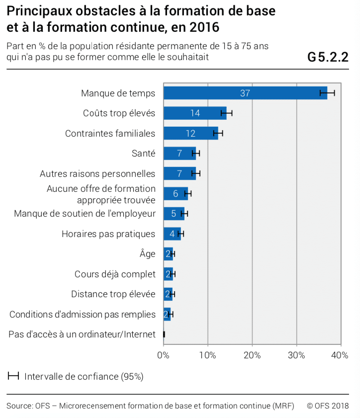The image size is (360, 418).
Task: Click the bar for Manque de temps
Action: coord(245,93)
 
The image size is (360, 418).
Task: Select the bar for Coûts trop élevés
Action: coord(195,113)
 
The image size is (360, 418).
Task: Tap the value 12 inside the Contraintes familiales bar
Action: coord(190,133)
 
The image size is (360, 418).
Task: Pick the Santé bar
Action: coord(180,153)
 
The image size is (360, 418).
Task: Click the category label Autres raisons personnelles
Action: coord(97,173)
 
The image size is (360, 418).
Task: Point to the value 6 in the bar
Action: coord(176,193)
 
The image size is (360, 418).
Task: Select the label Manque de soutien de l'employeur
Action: coord(85,214)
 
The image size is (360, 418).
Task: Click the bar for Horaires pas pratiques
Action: coord(172,234)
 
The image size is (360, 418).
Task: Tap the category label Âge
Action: coord(148,253)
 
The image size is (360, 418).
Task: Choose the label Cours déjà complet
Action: coord(115,274)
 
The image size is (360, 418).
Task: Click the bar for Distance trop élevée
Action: coord(168,294)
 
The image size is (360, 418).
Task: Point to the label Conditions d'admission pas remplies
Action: coord(83,314)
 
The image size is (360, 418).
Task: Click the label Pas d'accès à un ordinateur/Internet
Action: coord(82,334)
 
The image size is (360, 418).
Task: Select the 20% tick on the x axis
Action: coord(252,355)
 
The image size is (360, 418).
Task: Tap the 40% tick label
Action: coord(340,355)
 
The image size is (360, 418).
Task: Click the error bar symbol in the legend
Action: coord(13,376)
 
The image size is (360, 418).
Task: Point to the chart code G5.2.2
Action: coord(328,57)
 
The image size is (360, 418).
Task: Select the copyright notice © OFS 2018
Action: coord(328,406)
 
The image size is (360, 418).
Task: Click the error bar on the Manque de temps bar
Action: coord(327,93)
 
